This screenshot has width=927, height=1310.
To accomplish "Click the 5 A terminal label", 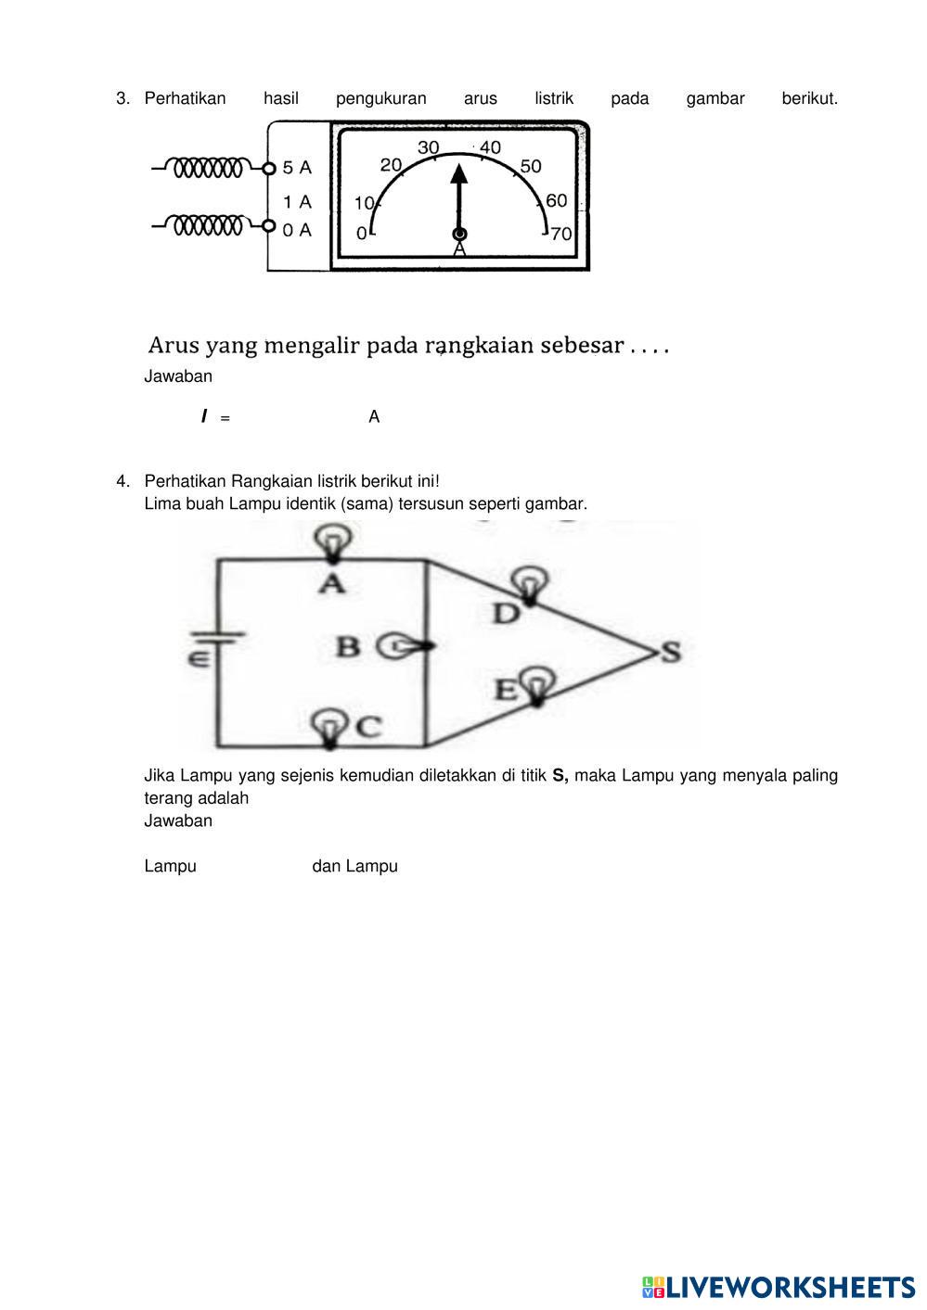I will (x=297, y=168).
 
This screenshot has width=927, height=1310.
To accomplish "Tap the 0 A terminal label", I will (x=297, y=230).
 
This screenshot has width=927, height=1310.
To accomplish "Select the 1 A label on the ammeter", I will (x=297, y=201).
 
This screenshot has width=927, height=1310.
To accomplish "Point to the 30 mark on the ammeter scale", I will (x=428, y=147).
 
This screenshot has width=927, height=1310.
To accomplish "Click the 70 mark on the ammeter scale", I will (x=561, y=234).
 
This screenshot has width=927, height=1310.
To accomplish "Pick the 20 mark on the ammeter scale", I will (x=391, y=165).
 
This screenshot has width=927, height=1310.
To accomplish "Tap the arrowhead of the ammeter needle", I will (x=459, y=175).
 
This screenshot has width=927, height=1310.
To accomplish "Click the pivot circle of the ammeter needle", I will (x=459, y=234).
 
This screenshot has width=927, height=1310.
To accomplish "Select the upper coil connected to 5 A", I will (x=209, y=168).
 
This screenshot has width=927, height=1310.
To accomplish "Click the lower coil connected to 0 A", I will (x=209, y=224).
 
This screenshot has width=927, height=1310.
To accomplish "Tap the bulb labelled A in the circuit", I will (x=333, y=540).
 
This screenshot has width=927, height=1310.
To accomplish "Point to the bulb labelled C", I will (x=328, y=725).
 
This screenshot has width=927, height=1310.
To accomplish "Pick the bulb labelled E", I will (x=535, y=684).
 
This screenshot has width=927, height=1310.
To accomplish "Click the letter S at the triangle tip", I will (x=670, y=652).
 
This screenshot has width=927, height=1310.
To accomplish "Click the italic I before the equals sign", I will (x=204, y=417).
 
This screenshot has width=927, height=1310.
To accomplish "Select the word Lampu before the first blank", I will (x=170, y=866).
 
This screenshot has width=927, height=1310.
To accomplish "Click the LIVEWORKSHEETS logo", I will (x=778, y=1287).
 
